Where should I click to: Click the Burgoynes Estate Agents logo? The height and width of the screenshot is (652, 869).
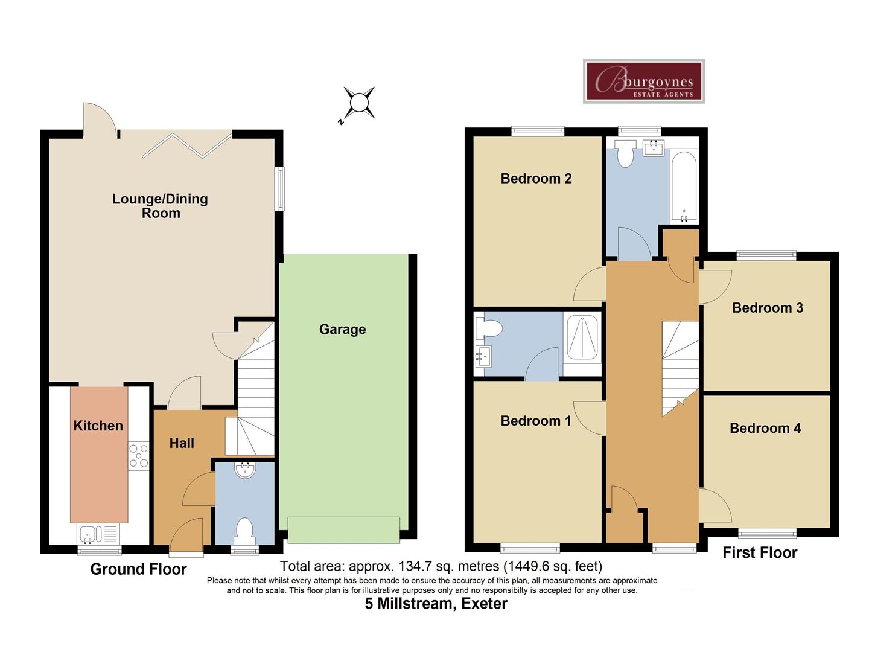point(643,81)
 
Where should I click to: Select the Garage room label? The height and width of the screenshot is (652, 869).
point(342,330)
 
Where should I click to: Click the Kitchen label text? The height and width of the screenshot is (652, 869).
point(98,426)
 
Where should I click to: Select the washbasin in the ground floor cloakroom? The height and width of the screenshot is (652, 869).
point(245,470)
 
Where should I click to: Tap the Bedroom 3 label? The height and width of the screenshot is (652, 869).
point(767,308)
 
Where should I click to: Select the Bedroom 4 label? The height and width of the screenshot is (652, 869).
point(765,429)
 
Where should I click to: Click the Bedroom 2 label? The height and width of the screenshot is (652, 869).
point(536,179)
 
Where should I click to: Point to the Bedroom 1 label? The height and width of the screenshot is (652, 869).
point(535,421)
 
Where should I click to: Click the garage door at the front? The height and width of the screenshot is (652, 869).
point(343,529)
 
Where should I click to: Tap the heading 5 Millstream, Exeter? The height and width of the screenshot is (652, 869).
point(436,604)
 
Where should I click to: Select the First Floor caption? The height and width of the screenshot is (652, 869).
point(760,553)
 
